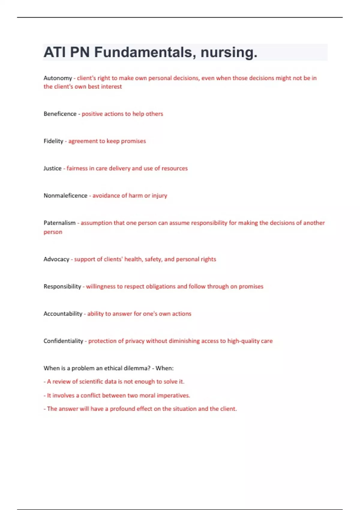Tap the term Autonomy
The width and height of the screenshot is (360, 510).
58,78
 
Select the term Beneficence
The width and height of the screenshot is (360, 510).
60,114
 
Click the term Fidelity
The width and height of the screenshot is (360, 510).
53,141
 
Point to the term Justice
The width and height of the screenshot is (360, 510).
52,168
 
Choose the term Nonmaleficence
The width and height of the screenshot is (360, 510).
65,196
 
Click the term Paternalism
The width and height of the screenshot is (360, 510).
59,223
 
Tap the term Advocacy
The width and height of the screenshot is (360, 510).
56,259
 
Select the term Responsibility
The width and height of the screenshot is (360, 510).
62,286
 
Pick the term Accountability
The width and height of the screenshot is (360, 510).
63,314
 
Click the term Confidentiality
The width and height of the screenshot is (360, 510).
63,341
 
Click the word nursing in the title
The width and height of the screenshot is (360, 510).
229,52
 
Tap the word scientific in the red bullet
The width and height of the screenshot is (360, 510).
90,382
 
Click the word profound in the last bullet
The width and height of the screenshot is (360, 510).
122,409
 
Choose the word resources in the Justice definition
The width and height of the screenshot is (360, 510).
175,168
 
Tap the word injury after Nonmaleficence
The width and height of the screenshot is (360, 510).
159,196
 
